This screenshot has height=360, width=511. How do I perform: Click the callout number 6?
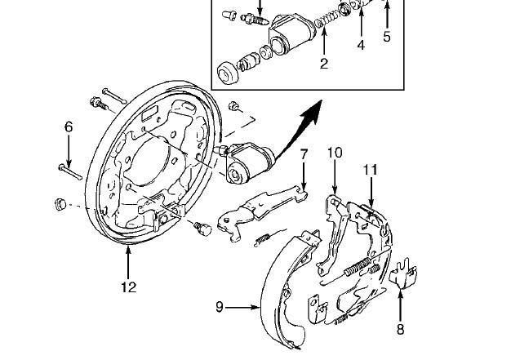pyautogui.click(x=69, y=127)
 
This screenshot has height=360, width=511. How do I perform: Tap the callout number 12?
pyautogui.click(x=129, y=287)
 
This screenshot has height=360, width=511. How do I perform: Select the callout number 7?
pyautogui.click(x=304, y=154)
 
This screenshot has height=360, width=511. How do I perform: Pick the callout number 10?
pyautogui.click(x=335, y=153)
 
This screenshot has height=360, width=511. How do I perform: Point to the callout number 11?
pyautogui.click(x=371, y=170)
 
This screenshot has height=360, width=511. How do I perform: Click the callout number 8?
pyautogui.click(x=400, y=329)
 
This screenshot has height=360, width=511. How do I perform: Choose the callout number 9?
pyautogui.click(x=220, y=307)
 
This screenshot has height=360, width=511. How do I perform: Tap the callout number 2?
pyautogui.click(x=323, y=64)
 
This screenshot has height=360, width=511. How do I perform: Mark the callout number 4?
pyautogui.click(x=361, y=45)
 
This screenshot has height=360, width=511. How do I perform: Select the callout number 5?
pyautogui.click(x=387, y=37)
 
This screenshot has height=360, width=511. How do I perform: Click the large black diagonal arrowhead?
pyautogui.click(x=312, y=113)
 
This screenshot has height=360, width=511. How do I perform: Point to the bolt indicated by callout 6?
pyautogui.click(x=70, y=172)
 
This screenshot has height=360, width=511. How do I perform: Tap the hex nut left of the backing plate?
pyautogui.click(x=60, y=203)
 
